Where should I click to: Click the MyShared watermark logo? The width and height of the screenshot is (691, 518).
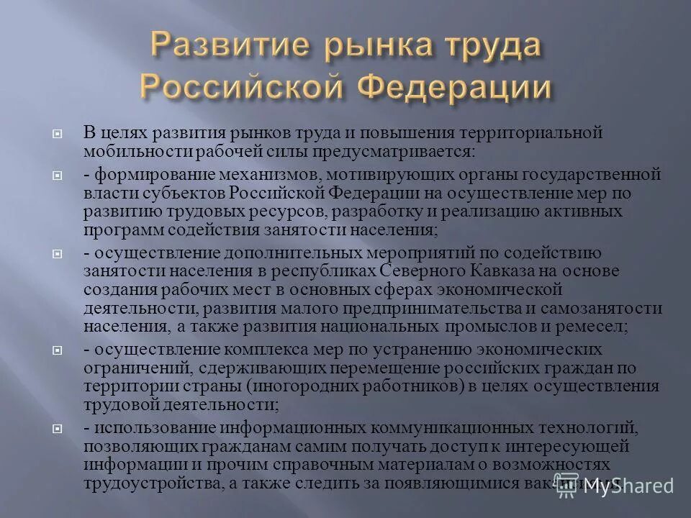(615, 486)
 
